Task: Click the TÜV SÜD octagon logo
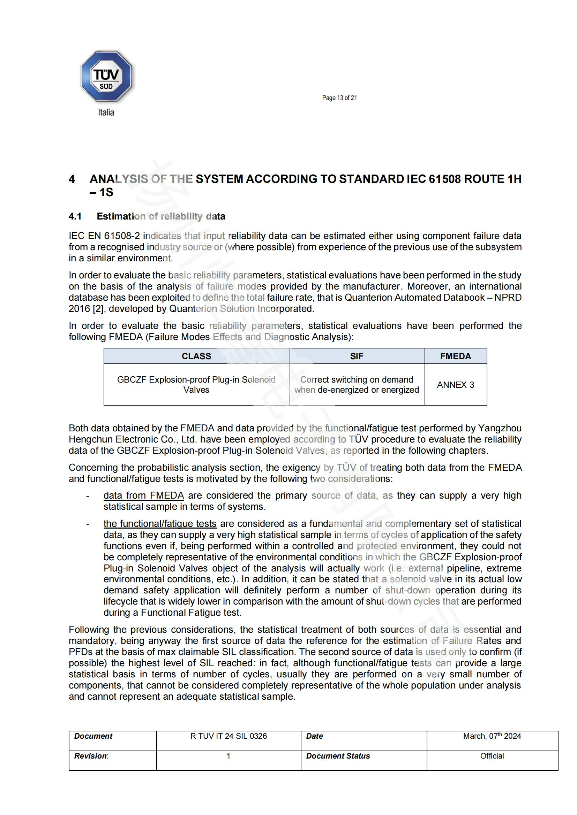click(x=106, y=76)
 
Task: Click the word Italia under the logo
click(x=106, y=113)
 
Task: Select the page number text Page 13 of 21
click(x=339, y=98)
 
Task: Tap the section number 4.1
click(x=75, y=216)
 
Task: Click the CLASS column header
click(x=196, y=356)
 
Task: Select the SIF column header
click(x=357, y=356)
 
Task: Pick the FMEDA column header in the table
click(x=456, y=356)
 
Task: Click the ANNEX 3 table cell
click(x=456, y=385)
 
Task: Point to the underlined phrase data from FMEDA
click(x=143, y=495)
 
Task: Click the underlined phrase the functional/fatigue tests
click(x=160, y=524)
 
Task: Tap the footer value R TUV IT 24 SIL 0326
click(x=228, y=736)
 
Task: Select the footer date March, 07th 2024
click(x=492, y=736)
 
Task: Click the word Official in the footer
click(x=492, y=756)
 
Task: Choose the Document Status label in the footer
click(x=338, y=756)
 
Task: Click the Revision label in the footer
click(x=91, y=756)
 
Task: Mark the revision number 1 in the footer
click(x=228, y=756)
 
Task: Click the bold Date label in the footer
click(x=314, y=736)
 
